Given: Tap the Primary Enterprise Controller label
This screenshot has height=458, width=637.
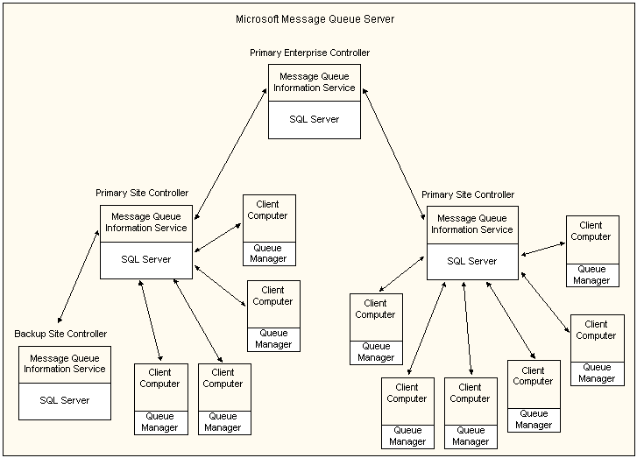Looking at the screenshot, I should pyautogui.click(x=309, y=53).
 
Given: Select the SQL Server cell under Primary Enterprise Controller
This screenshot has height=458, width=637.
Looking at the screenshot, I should pyautogui.click(x=315, y=119).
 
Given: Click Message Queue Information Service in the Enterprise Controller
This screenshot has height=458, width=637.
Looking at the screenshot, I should pyautogui.click(x=315, y=82).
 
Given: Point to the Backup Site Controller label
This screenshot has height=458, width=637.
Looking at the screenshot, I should pyautogui.click(x=60, y=334).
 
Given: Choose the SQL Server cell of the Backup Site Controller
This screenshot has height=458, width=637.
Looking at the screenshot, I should pyautogui.click(x=65, y=400).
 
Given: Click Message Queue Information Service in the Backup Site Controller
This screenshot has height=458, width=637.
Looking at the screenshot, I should pyautogui.click(x=65, y=363).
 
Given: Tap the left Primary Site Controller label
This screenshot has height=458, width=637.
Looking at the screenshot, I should pyautogui.click(x=141, y=193).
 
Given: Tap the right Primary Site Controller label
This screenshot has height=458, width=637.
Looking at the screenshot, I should pyautogui.click(x=467, y=194).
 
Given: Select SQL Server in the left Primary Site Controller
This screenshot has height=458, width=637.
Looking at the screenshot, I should pyautogui.click(x=145, y=259).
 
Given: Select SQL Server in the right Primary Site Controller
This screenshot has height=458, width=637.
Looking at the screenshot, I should pyautogui.click(x=472, y=261).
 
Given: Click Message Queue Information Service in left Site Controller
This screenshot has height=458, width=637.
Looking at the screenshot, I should pyautogui.click(x=145, y=222).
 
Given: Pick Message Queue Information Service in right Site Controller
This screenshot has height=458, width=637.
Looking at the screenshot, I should pyautogui.click(x=472, y=224).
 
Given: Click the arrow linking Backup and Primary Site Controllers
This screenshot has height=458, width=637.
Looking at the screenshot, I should pyautogui.click(x=77, y=277).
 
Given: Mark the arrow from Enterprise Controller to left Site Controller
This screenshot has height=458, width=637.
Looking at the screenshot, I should pyautogui.click(x=231, y=154).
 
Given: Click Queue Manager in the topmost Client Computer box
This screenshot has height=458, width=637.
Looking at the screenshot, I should pyautogui.click(x=269, y=253).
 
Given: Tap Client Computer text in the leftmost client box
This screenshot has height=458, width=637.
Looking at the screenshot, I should pyautogui.click(x=159, y=377).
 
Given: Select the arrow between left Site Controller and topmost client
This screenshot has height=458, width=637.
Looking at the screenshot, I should pyautogui.click(x=217, y=237).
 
